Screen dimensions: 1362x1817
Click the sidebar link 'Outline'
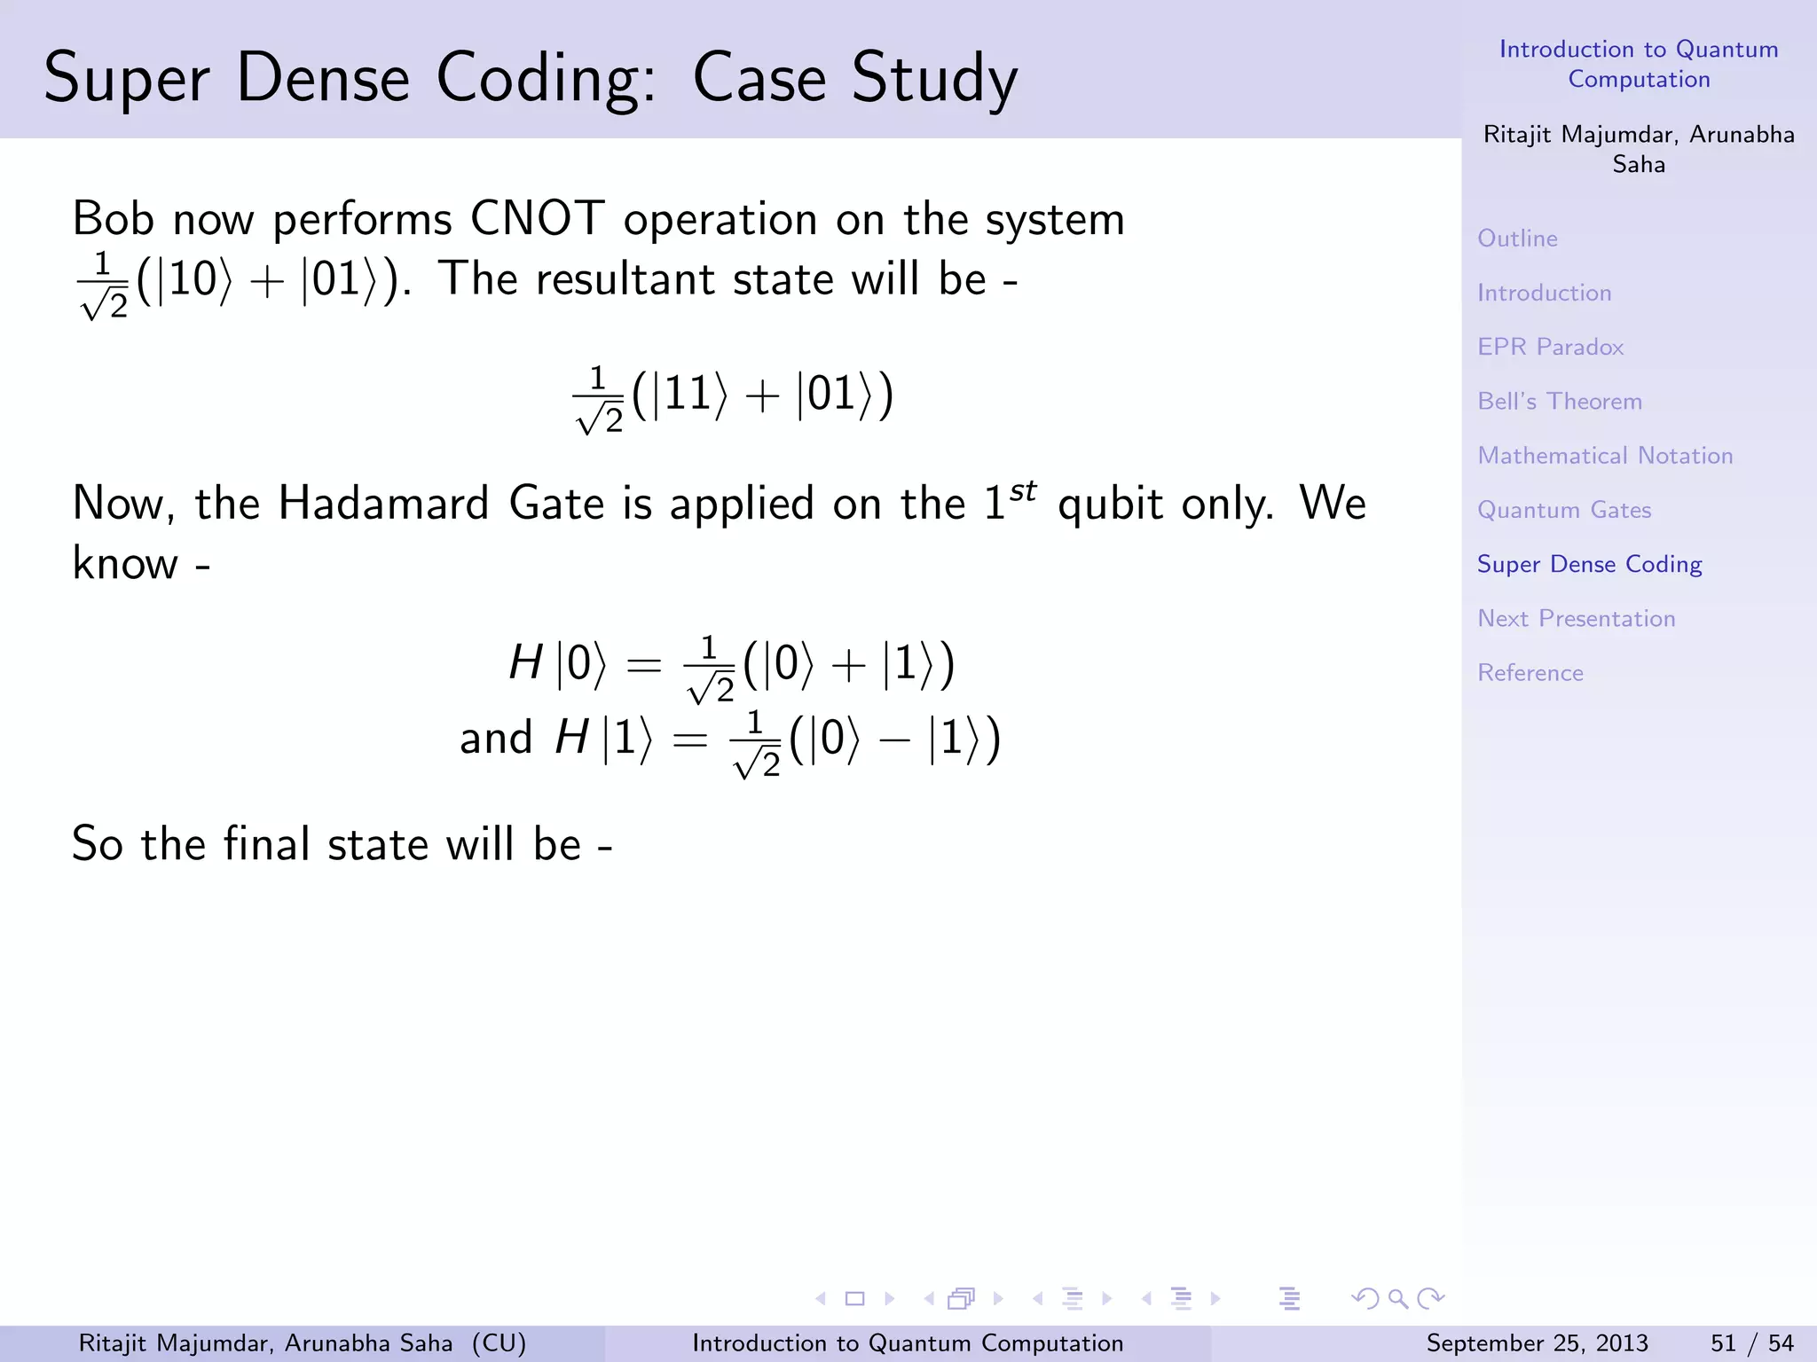click(x=1517, y=239)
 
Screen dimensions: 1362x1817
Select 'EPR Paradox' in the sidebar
click(x=1550, y=347)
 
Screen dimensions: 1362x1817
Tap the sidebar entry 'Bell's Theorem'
click(x=1559, y=402)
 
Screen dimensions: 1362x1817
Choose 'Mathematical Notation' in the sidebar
click(x=1604, y=456)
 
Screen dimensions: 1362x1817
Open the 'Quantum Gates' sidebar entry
click(x=1563, y=510)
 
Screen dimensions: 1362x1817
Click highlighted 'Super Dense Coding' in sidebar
click(x=1589, y=564)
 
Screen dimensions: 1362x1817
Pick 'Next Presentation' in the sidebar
click(x=1576, y=619)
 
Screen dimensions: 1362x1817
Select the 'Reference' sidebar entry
click(x=1530, y=673)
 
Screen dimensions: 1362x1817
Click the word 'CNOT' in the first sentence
click(x=537, y=219)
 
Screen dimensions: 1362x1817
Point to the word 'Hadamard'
click(x=383, y=504)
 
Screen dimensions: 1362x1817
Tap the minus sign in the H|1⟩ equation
click(x=894, y=740)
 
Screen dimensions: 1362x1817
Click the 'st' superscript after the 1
click(x=1023, y=490)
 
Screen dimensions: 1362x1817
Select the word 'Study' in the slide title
click(x=934, y=79)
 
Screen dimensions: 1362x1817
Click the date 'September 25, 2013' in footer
click(x=1537, y=1343)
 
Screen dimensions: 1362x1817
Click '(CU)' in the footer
click(x=499, y=1343)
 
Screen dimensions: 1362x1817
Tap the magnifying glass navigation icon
click(x=1397, y=1299)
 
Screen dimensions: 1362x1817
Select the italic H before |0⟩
click(x=525, y=662)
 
